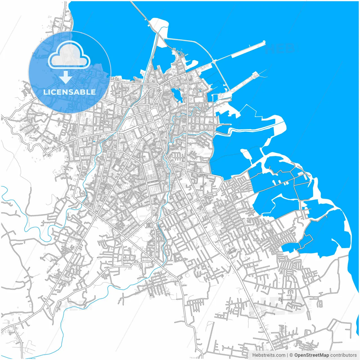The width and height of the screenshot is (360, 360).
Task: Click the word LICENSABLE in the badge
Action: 69,92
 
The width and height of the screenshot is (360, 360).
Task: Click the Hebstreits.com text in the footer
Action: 269,355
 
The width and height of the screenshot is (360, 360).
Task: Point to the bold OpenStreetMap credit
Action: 311,355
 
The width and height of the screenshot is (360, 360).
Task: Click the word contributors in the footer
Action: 343,355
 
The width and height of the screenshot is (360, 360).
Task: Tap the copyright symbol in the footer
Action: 291,355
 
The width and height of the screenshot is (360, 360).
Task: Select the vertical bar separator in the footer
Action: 287,355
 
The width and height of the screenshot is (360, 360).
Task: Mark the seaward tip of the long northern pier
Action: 264,42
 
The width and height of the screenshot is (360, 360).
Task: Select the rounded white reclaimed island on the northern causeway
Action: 159,22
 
